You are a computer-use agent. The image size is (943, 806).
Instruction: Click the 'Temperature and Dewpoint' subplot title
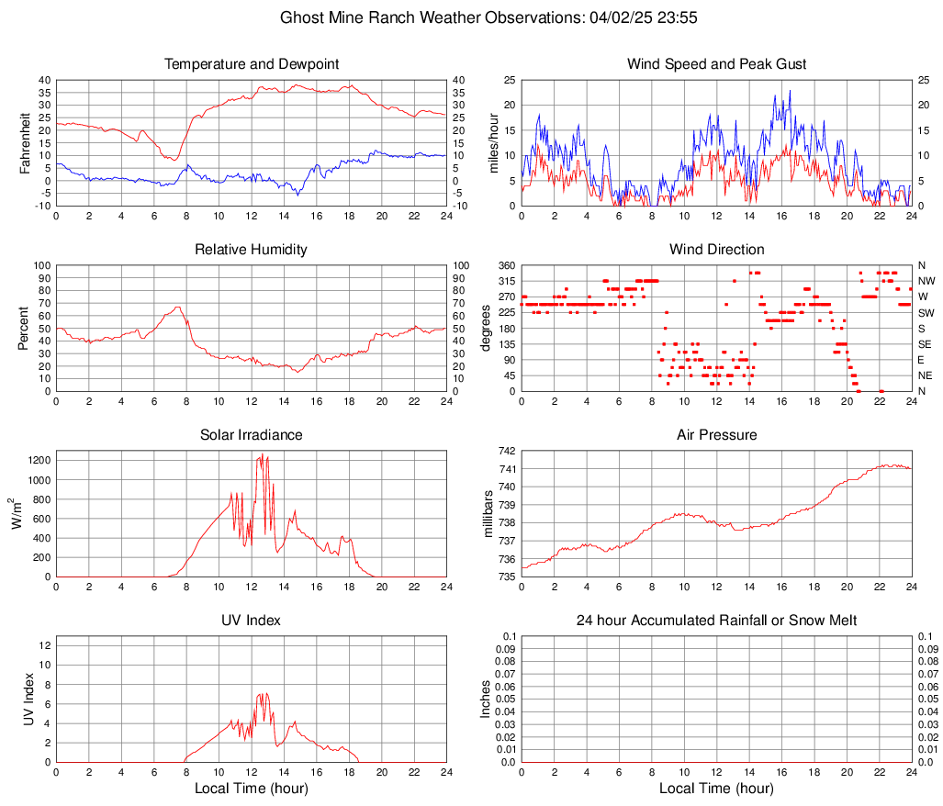point(252,64)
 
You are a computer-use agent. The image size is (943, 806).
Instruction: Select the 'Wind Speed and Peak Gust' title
point(717,64)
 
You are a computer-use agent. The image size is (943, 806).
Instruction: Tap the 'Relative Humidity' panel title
point(252,250)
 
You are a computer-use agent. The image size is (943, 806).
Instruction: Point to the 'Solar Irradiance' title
point(252,435)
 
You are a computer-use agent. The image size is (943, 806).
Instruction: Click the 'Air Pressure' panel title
point(717,435)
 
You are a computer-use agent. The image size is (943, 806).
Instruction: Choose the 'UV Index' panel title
point(252,621)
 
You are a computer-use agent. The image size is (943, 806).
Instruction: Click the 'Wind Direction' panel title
point(717,250)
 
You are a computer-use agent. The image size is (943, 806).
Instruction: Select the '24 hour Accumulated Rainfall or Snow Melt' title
point(717,621)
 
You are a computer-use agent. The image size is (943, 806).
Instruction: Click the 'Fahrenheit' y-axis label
point(26,142)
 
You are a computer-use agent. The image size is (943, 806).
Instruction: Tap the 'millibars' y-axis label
point(490,513)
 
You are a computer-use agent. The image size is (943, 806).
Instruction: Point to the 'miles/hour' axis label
point(494,142)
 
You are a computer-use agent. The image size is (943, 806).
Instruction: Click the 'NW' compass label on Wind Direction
point(926,281)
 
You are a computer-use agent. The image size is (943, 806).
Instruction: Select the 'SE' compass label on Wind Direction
point(926,344)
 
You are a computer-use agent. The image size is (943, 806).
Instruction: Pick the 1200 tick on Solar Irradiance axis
point(38,456)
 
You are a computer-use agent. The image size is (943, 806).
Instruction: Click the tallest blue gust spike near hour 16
point(790,91)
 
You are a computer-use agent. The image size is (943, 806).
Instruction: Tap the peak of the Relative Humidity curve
point(178,307)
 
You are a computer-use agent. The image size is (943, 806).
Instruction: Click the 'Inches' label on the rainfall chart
point(487,699)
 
